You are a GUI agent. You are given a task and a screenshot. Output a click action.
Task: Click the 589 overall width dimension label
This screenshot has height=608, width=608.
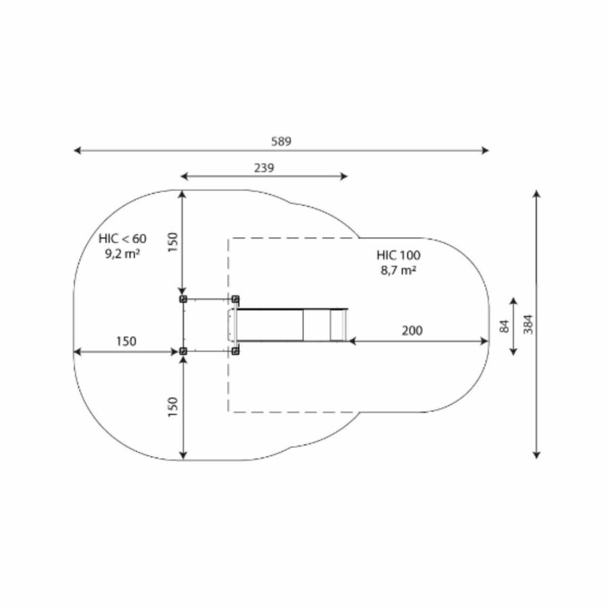tap(281, 142)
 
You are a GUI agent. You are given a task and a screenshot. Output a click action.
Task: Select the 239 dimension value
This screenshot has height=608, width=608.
tap(264, 168)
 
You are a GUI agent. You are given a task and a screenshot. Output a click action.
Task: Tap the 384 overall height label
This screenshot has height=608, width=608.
tap(528, 324)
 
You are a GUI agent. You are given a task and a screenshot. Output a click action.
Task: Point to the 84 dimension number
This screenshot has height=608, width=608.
tap(504, 326)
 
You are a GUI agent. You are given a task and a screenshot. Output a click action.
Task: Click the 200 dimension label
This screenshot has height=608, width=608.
tap(412, 331)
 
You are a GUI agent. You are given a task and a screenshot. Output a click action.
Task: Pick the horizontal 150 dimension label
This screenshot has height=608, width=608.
tap(126, 341)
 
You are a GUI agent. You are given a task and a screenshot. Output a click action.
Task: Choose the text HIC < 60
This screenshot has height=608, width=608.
tap(122, 238)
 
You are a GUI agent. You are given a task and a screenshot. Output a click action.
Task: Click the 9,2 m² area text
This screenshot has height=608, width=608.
tap(122, 253)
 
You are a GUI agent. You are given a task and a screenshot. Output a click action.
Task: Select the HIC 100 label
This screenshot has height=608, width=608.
tap(399, 255)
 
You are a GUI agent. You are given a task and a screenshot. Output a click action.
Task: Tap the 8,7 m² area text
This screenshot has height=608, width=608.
tap(399, 270)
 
